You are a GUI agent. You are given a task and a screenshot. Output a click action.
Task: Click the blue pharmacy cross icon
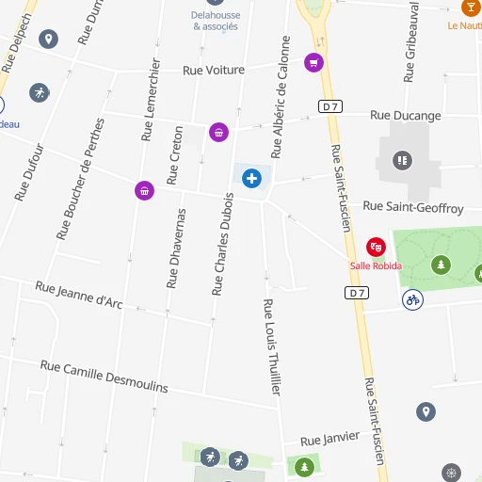point(251,178)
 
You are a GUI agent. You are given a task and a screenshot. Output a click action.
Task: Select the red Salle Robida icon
point(376,247)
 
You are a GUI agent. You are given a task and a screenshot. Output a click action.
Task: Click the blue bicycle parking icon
point(411,299)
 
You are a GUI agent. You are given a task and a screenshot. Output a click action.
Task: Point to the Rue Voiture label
point(214,71)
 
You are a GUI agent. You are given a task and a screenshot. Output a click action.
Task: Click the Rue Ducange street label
point(405,116)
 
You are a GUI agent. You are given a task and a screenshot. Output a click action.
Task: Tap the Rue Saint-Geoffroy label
point(413,207)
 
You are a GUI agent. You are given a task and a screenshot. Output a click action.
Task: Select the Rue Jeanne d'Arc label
point(79,295)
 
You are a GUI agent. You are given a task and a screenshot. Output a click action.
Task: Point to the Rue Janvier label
point(329,439)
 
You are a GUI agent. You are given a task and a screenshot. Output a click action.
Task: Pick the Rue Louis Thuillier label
point(272,346)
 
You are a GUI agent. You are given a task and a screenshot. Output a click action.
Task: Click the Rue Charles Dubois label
point(223,245)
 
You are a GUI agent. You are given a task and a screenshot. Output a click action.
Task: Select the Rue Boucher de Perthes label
point(80,179)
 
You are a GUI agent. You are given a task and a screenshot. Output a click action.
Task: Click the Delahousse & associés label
point(214,20)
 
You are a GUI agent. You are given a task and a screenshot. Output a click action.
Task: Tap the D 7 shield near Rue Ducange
point(329,106)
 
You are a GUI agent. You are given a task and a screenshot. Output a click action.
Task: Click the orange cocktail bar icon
point(470,8)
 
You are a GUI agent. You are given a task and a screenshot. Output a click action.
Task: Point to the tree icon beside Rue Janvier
point(303,466)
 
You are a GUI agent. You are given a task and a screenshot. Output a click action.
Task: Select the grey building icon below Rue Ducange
point(403,161)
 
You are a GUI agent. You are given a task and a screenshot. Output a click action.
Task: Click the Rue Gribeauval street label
point(411,42)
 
